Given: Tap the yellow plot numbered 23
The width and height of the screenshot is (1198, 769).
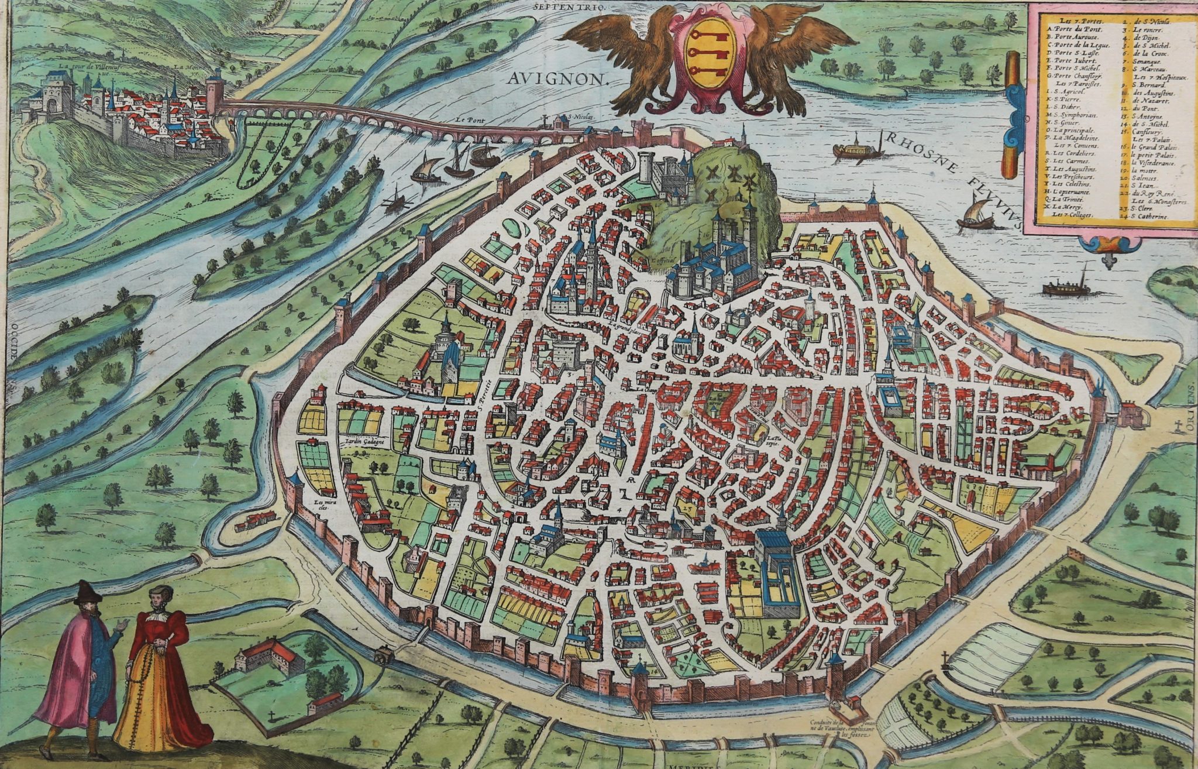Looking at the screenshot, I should tap(689, 509).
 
